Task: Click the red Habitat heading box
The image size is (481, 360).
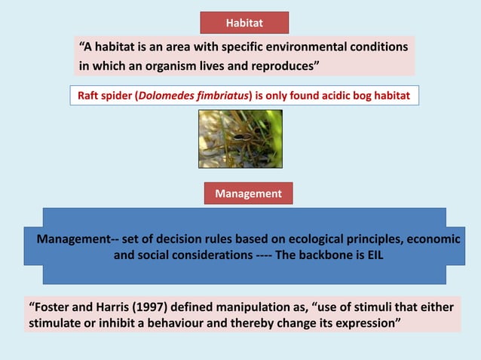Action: [244, 23]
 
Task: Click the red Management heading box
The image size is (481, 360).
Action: [248, 194]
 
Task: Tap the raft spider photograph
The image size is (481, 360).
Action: [240, 139]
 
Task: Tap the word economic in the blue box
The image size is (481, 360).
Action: [430, 239]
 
